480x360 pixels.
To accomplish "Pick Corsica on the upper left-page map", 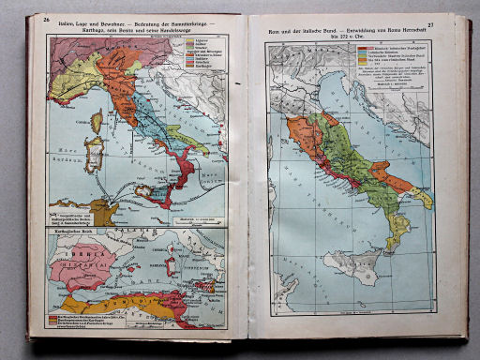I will (x=96, y=121).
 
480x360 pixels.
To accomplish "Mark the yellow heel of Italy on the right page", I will (x=422, y=198).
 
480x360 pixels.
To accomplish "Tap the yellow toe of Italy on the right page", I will (x=399, y=230).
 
